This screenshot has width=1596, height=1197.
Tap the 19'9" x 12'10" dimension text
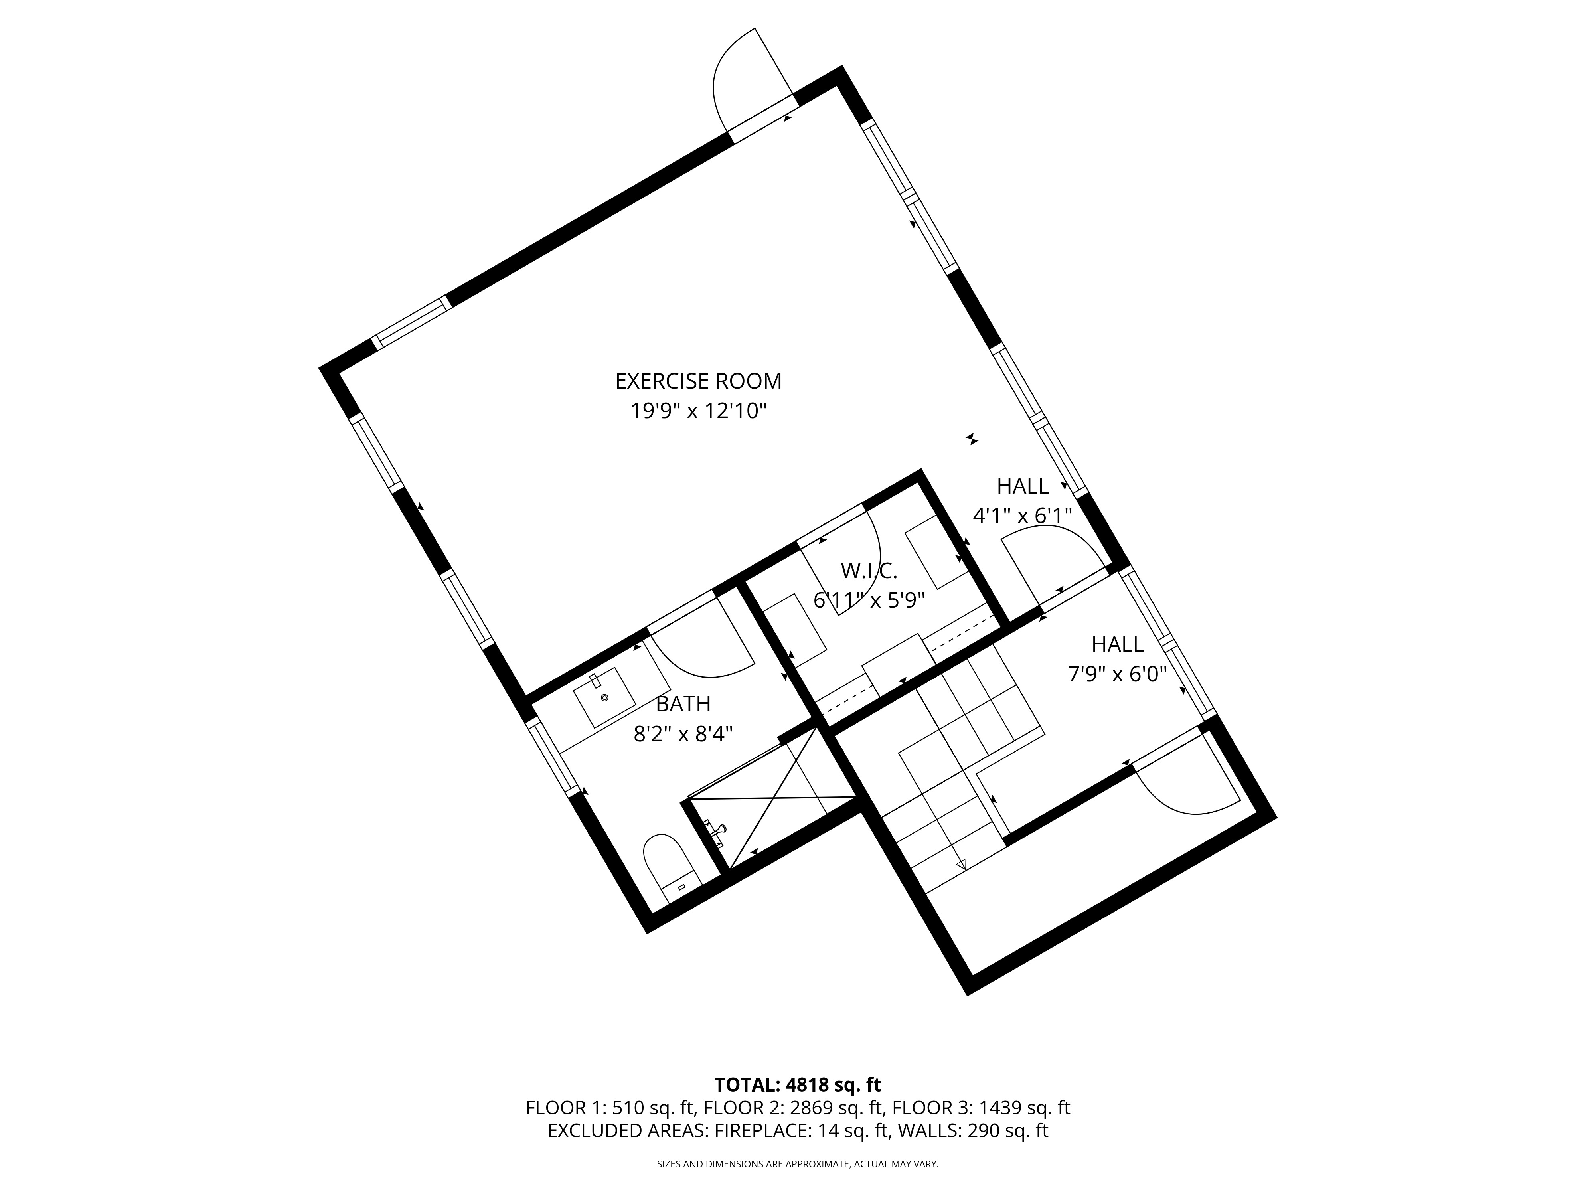tap(698, 411)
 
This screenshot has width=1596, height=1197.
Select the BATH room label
tap(683, 703)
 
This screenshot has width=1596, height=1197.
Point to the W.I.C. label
tap(869, 571)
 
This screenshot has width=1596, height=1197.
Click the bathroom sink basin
tap(604, 697)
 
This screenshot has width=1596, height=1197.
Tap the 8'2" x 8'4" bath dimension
tap(683, 735)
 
